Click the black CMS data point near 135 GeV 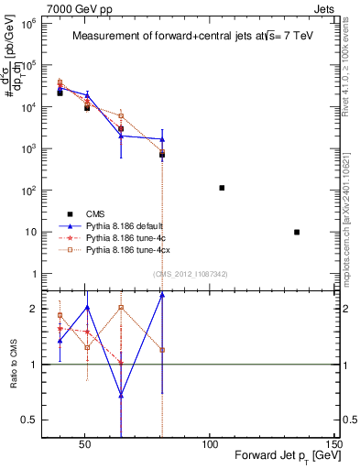point(297,232)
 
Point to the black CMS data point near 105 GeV point(222,188)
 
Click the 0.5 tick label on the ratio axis point(27,420)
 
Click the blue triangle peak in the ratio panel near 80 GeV point(162,294)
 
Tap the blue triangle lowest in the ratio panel point(121,396)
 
